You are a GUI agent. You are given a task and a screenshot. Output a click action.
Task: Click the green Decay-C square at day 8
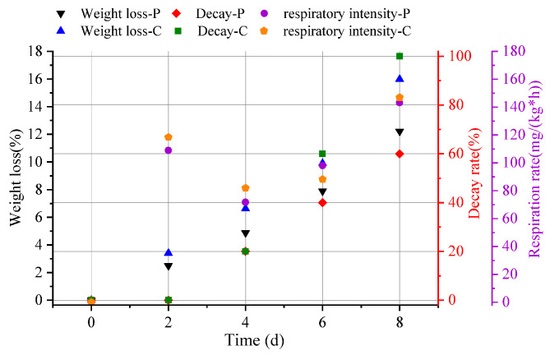(400, 56)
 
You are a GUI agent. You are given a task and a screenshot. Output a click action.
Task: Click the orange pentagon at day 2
(169, 137)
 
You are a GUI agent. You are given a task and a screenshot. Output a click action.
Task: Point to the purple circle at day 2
(169, 150)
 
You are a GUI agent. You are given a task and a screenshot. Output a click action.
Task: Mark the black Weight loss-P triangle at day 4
(245, 234)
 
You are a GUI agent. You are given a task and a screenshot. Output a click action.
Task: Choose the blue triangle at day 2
(169, 252)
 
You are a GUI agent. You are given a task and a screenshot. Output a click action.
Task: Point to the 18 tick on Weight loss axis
(37, 51)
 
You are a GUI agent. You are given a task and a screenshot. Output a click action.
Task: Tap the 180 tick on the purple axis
(510, 51)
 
